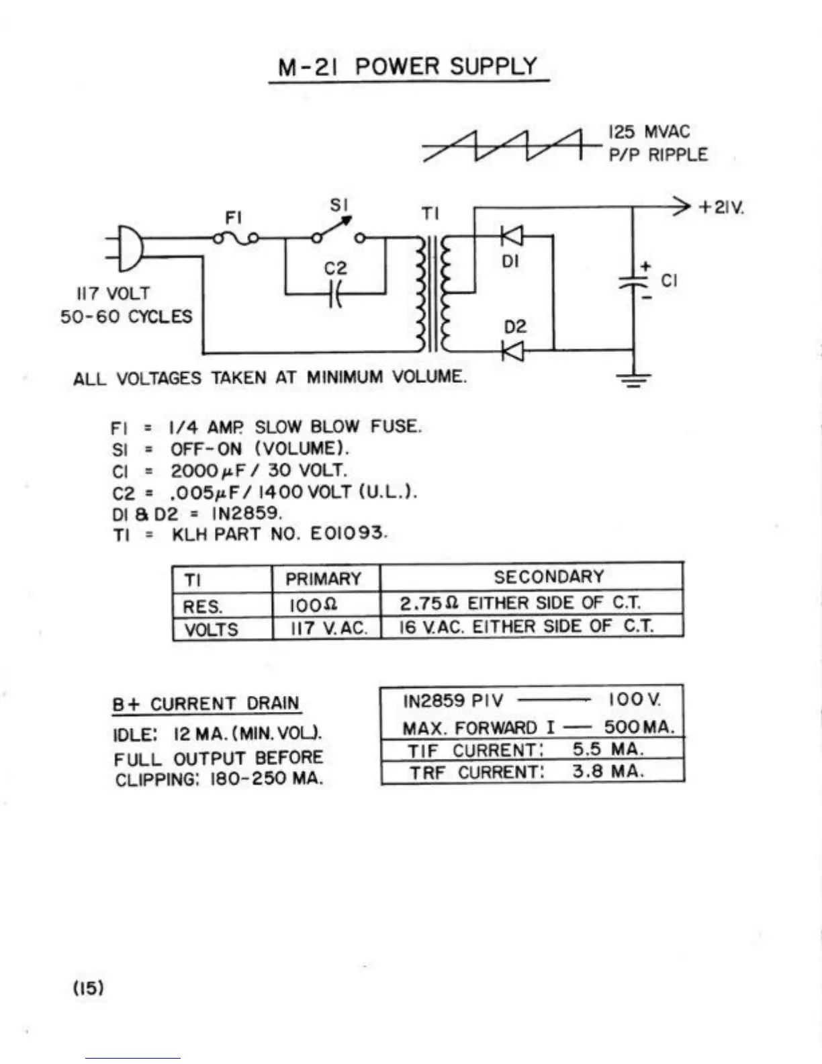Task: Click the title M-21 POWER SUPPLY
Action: [x=408, y=66]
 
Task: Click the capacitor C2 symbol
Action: [x=335, y=294]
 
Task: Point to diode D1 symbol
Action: [x=512, y=236]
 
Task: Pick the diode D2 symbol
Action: [x=512, y=351]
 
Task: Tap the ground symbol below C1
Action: [x=633, y=380]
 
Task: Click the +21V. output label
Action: [x=721, y=208]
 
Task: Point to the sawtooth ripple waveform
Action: [x=512, y=145]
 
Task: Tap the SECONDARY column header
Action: [x=549, y=577]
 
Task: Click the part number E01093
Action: [x=349, y=533]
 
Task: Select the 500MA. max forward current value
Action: [x=639, y=727]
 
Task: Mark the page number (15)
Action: [x=89, y=987]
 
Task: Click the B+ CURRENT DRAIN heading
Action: [x=205, y=704]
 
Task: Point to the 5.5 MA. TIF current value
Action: [x=608, y=749]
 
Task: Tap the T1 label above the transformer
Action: [x=430, y=214]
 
